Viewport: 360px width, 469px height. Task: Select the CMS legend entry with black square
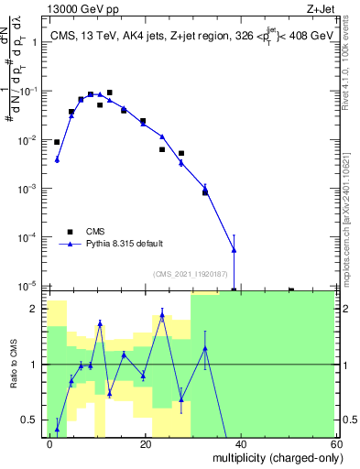95,231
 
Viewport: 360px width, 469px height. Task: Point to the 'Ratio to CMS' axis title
15,365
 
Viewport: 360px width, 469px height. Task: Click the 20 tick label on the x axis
145,443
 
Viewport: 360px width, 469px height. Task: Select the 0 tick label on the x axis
50,443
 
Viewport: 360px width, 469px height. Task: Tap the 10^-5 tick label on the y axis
31,286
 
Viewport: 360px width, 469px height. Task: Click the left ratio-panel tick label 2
37,310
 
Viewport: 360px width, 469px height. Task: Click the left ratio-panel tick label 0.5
33,420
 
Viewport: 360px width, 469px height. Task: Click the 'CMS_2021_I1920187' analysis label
191,273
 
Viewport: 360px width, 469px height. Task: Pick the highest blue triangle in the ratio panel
162,315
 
